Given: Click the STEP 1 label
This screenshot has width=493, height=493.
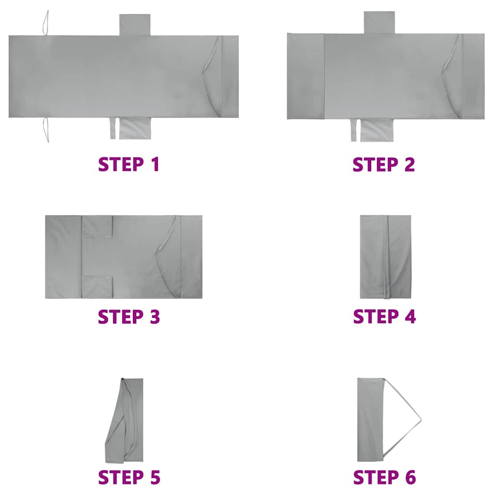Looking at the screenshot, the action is pos(129,164).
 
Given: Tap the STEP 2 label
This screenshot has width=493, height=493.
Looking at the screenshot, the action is pos(384,165).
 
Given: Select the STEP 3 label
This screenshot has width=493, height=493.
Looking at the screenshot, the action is pos(129,316).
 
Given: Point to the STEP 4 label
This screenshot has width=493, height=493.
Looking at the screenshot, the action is pos(384,316).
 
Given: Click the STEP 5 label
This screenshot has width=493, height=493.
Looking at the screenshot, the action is pos(129,477).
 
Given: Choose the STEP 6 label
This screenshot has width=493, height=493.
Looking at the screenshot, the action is pos(384,477).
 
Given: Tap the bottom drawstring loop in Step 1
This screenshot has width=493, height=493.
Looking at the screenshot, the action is pos(46,130).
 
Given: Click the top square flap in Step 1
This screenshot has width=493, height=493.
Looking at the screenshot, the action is pos(135,25).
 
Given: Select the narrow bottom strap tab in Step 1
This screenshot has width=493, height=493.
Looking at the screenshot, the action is pos(113,128).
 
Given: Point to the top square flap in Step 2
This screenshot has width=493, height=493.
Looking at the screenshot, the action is pos(379,22).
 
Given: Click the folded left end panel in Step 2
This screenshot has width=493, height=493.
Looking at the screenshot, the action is pos(306,77).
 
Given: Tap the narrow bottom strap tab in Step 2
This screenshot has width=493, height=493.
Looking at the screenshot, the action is pos(354,130).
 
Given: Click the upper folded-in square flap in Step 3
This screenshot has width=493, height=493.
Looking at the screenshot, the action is pos(97,226).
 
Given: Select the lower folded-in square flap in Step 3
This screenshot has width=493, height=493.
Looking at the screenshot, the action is pos(97,287).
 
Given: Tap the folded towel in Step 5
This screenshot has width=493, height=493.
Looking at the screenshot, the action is pos(125,420).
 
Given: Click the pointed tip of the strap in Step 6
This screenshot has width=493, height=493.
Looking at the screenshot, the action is pos(421,419).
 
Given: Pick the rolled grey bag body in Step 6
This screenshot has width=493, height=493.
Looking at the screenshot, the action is pos(370,420).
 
